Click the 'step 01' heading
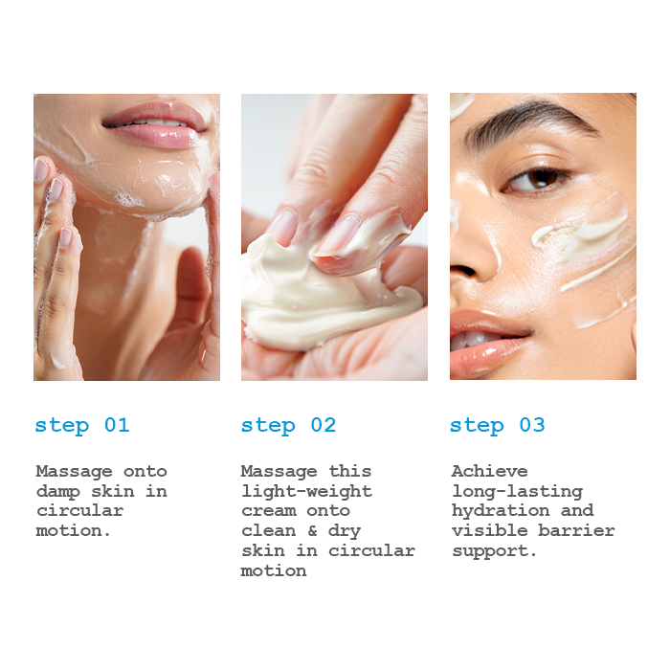coord(82,426)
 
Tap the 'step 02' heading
coord(288,426)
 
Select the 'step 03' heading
coord(498,426)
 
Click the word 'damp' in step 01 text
coord(58,491)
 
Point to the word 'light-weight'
coord(307,491)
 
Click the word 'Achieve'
coord(490,471)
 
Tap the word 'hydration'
coord(501,510)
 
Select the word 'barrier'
coord(576,530)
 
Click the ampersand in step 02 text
coord(312,530)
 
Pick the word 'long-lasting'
coord(517,491)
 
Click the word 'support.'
coord(494,551)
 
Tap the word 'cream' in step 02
coord(269,511)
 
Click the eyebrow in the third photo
coord(530,122)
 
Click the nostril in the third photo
coord(464,270)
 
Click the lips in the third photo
coord(487,342)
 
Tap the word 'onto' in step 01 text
coord(145,471)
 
